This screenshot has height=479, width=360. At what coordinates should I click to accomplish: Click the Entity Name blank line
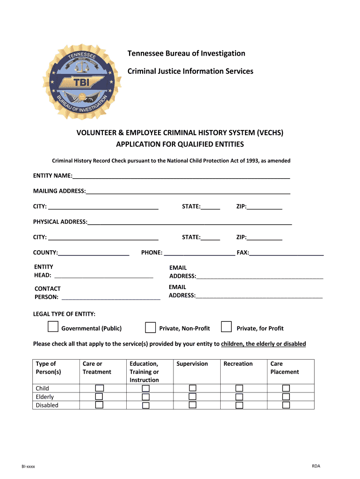point(181,176)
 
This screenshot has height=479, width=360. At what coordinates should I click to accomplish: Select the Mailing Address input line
point(188,191)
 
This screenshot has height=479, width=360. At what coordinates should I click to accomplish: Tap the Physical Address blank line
point(189,222)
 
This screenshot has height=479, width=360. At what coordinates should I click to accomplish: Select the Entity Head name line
point(103,276)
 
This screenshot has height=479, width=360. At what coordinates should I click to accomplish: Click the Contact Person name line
point(111,297)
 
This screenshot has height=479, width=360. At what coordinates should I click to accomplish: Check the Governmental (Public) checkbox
point(53,327)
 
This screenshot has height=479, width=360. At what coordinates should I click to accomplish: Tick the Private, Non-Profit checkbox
point(150,327)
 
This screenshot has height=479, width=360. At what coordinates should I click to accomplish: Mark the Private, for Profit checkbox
point(226,327)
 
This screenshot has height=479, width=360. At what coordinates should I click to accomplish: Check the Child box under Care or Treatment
point(99,388)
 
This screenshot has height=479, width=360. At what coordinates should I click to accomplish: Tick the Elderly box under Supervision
point(193,397)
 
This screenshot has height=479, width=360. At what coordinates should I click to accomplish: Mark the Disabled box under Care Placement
point(286,405)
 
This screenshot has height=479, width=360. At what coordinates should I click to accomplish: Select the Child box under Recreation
point(239,388)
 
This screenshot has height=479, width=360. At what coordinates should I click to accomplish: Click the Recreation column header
point(238,364)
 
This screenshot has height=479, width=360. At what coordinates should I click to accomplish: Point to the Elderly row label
point(45,397)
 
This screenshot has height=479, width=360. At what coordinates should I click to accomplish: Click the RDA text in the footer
point(316,466)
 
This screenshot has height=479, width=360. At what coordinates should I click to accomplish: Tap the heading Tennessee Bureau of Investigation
point(186,53)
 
